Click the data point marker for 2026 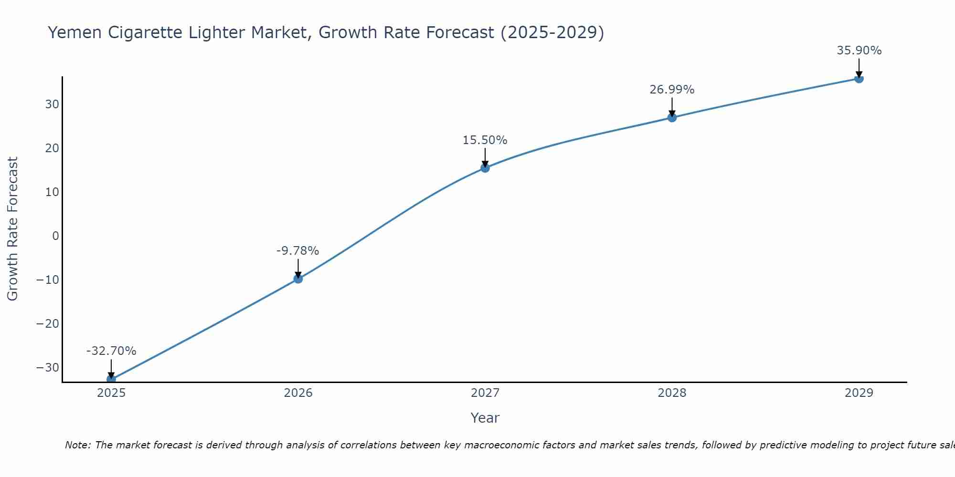click(x=298, y=279)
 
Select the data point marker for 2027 click(x=485, y=168)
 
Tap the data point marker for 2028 click(x=672, y=117)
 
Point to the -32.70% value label click(x=111, y=351)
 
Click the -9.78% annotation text click(x=297, y=251)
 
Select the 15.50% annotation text click(x=485, y=140)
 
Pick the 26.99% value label click(x=672, y=90)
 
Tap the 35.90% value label click(x=859, y=51)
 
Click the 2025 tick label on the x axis click(x=111, y=393)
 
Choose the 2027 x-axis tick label click(x=485, y=393)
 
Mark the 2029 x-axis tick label click(x=859, y=393)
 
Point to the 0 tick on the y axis click(x=56, y=236)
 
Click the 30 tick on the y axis click(x=52, y=104)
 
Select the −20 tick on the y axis click(x=48, y=324)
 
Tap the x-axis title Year click(x=485, y=418)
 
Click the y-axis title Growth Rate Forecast click(x=12, y=228)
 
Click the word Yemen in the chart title click(x=74, y=32)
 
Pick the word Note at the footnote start click(x=77, y=445)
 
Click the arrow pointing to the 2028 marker click(x=672, y=107)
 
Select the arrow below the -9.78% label click(x=298, y=268)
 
